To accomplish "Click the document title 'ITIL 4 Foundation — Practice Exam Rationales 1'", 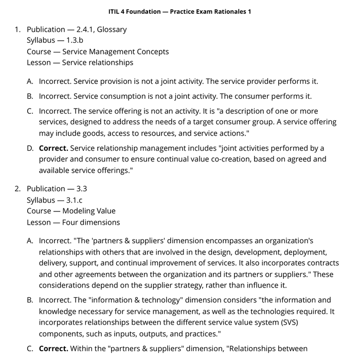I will click(180, 11).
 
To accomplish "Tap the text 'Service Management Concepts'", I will click(115, 51).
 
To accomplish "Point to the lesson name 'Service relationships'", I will click(97, 63).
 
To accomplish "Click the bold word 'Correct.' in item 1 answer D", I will click(53, 148).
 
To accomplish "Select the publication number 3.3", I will click(81, 189).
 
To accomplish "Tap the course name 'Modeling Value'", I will click(88, 211).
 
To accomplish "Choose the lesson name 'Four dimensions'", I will click(91, 222).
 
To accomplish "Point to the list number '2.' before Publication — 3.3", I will click(17, 189).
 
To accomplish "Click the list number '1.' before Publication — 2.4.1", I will click(17, 29).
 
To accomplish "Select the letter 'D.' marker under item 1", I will click(30, 148).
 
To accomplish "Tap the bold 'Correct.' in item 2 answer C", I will click(53, 348).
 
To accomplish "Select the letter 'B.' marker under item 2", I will click(30, 300).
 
